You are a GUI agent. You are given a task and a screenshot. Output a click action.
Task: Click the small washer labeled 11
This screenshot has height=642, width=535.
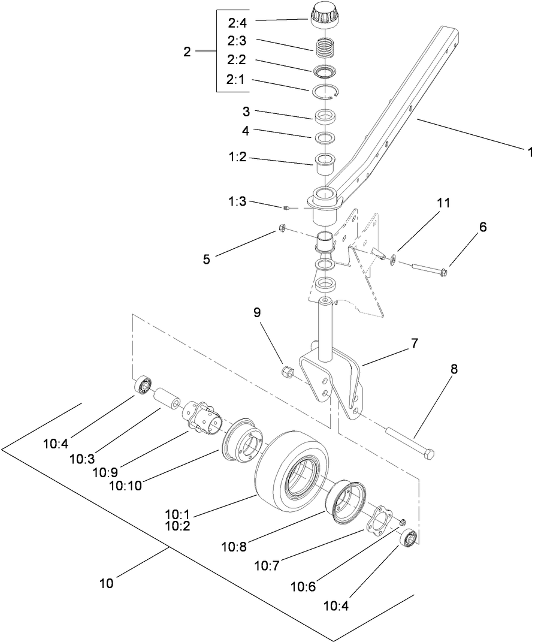pyautogui.click(x=394, y=259)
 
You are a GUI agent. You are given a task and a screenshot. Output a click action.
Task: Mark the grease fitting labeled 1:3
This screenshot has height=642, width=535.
pyautogui.click(x=287, y=208)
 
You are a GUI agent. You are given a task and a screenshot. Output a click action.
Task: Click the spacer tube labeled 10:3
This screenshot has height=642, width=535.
pyautogui.click(x=168, y=397)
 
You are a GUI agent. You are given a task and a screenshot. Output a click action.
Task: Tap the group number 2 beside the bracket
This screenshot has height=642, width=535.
pyautogui.click(x=187, y=52)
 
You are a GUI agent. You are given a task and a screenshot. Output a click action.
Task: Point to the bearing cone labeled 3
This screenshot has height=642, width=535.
pyautogui.click(x=325, y=116)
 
